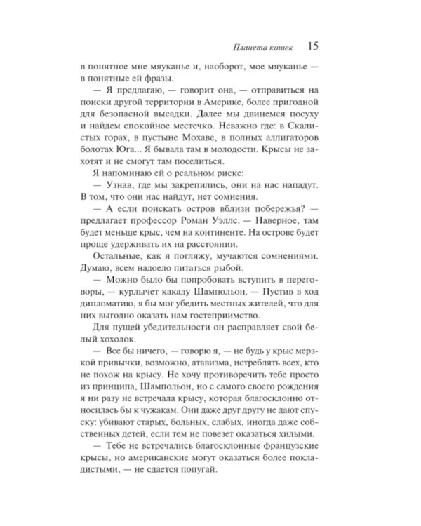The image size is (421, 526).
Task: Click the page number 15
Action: pos(314,47)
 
